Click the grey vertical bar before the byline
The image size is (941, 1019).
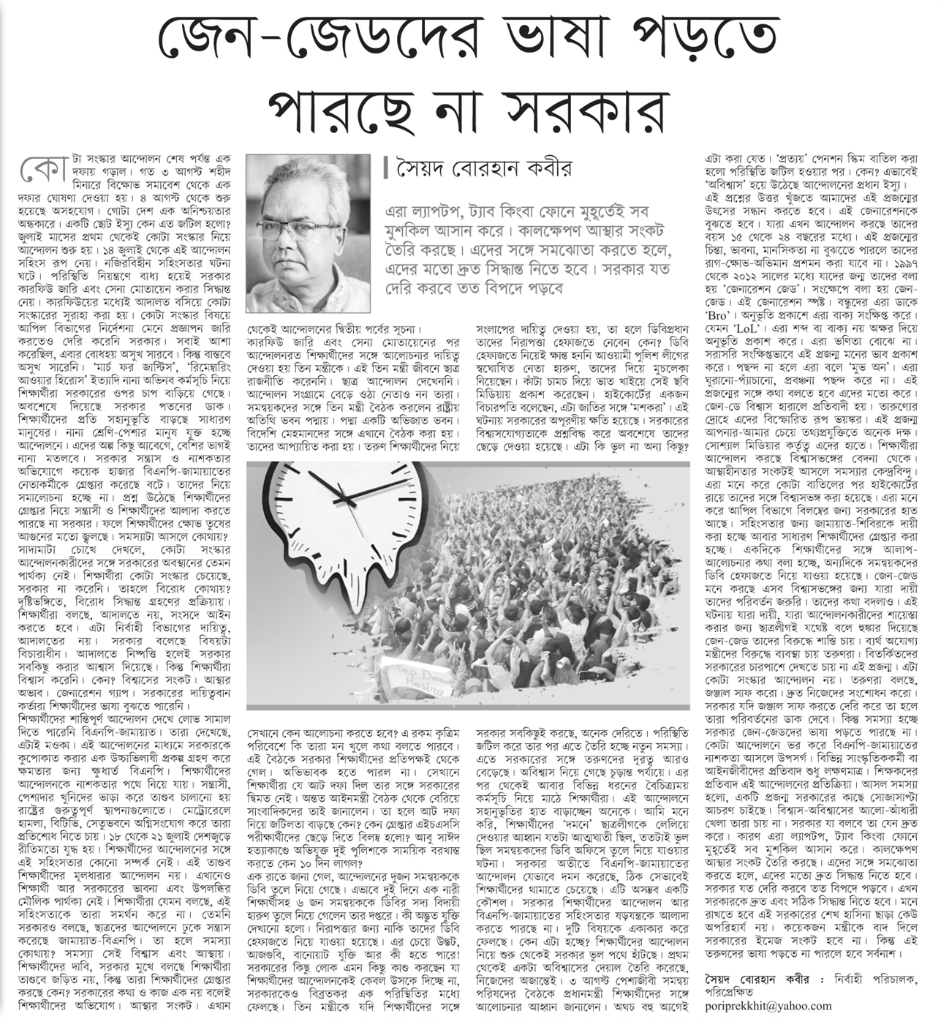(x=386, y=168)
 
